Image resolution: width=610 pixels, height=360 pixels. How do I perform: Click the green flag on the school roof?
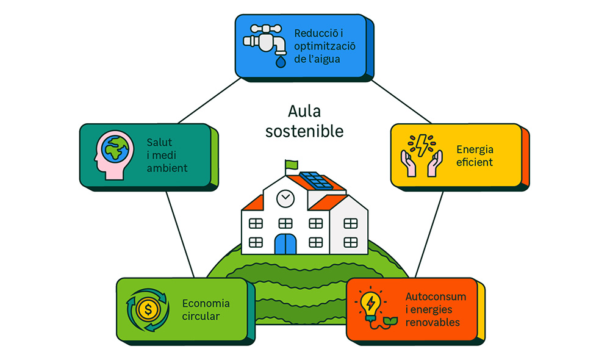click(x=290, y=164)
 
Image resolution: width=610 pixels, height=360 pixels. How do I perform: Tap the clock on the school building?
click(x=285, y=198)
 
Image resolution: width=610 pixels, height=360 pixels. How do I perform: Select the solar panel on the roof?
click(x=315, y=181)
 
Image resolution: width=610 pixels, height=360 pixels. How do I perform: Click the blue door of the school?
click(x=285, y=243)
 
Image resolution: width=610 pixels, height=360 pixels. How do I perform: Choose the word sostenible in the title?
click(x=304, y=131)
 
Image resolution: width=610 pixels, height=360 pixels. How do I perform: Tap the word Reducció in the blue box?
click(x=317, y=34)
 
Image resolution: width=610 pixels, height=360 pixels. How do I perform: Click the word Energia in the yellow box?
click(x=475, y=149)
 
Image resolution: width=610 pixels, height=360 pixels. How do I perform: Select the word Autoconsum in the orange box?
click(x=436, y=297)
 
